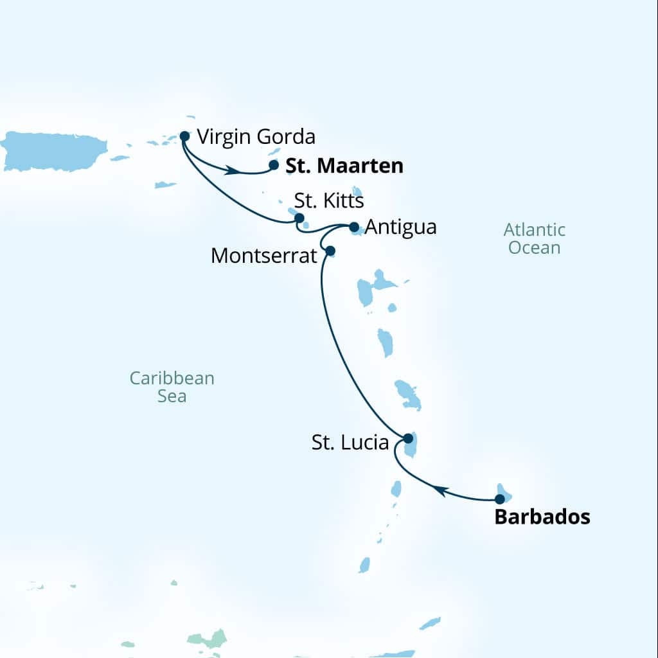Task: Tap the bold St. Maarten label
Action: (x=344, y=166)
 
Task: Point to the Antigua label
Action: (x=401, y=227)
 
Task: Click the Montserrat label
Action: (x=264, y=256)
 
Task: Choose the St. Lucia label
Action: (x=350, y=443)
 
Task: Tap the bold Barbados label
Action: (x=542, y=517)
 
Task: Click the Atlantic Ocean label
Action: (x=534, y=238)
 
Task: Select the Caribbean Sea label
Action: (x=172, y=387)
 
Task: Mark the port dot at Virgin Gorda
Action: (x=184, y=136)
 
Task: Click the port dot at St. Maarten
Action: (x=274, y=165)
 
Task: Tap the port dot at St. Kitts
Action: (x=299, y=218)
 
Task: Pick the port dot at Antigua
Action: (x=353, y=227)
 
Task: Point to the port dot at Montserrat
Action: (x=330, y=251)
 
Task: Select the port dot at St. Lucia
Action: (x=407, y=438)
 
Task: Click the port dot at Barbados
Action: (x=499, y=499)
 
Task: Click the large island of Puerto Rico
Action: (x=55, y=152)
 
